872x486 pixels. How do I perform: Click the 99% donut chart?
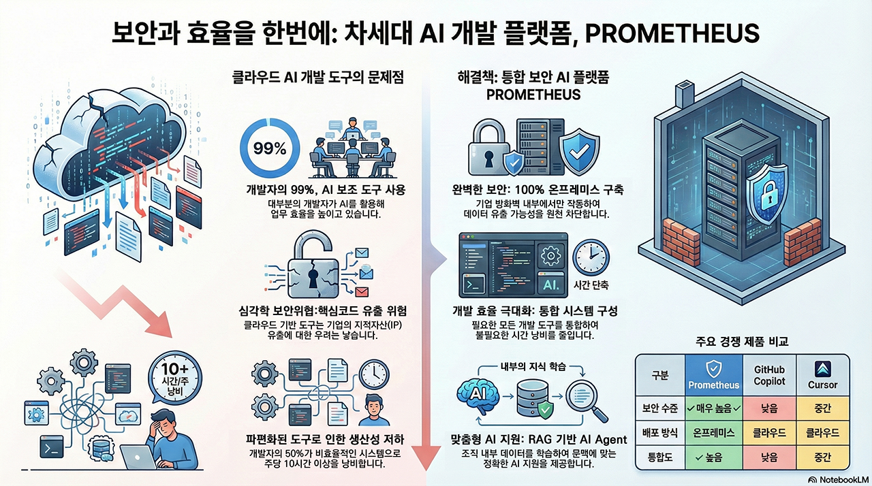[x=270, y=149]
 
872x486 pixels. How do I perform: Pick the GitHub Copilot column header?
[x=769, y=375]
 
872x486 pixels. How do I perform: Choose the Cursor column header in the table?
[x=822, y=375]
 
